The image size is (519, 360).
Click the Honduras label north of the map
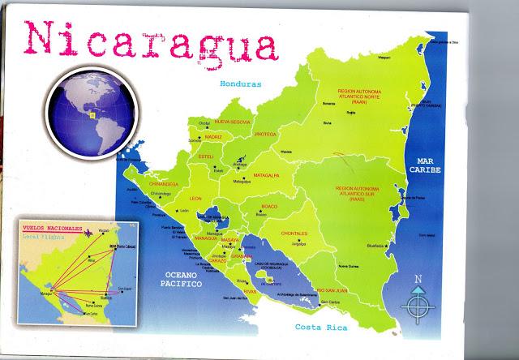[x=241, y=84]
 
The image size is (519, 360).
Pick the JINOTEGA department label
[x=265, y=133]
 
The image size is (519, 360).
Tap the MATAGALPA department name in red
[x=264, y=174]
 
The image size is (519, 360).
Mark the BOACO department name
[x=268, y=207]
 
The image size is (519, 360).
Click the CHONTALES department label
[x=300, y=233]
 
